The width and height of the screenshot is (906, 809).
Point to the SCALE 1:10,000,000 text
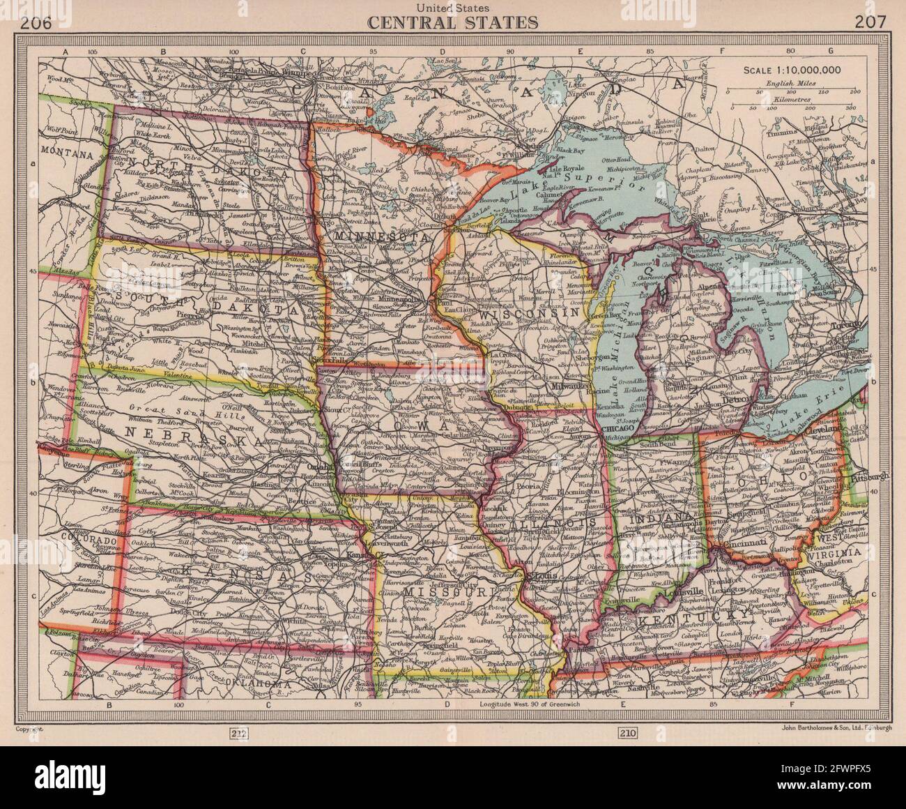pyautogui.click(x=792, y=69)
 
